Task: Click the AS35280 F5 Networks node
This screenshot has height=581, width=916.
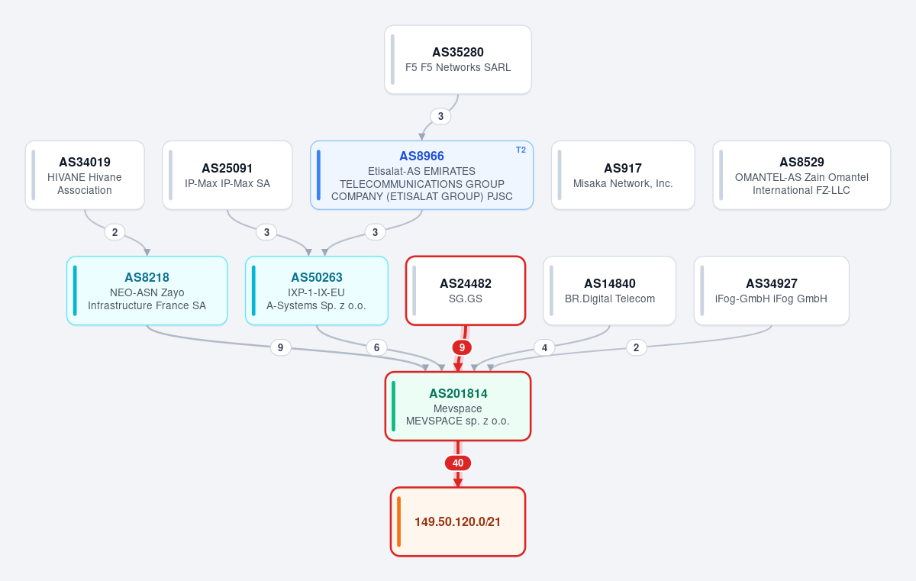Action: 457,60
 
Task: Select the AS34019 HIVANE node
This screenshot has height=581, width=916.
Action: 85,176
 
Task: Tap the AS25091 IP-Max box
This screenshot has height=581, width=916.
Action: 227,176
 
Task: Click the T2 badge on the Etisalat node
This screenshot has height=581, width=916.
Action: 521,150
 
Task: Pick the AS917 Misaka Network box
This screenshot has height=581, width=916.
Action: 623,176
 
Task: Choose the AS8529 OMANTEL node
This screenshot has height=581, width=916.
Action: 801,176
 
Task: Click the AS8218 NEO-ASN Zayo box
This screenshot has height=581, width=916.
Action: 147,291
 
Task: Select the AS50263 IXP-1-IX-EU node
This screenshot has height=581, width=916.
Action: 317,291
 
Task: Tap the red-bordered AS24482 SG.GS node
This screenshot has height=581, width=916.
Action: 466,291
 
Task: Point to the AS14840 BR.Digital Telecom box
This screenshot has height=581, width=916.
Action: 609,291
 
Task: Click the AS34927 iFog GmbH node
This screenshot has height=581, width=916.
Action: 771,291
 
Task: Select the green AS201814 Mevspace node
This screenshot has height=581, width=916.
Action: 457,406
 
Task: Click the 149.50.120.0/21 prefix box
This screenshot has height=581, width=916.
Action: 457,521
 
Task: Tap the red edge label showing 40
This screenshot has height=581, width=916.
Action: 457,463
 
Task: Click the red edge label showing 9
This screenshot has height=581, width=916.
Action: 462,347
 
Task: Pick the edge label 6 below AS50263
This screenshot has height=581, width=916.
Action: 376,347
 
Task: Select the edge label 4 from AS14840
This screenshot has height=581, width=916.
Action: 544,347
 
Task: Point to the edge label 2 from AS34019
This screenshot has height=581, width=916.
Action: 114,232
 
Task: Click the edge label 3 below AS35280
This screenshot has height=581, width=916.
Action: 440,117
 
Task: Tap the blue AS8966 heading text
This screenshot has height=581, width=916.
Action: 421,156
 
